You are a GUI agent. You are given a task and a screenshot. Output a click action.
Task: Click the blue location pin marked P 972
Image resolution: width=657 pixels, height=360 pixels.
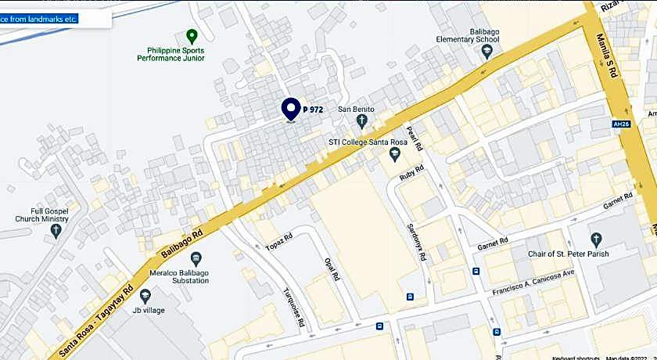point(291,109)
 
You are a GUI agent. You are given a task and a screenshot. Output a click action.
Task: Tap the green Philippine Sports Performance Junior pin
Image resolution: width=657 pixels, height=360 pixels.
point(191,36)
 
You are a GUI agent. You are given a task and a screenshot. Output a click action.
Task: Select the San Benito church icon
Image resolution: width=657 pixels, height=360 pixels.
point(361,121)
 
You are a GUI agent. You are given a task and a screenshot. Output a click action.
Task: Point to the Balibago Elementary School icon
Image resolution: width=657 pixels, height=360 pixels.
point(486,52)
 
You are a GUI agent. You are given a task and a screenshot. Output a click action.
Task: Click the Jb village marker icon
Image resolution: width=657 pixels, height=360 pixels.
point(145,295)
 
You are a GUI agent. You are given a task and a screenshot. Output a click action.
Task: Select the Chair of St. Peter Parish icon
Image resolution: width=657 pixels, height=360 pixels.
point(596,239)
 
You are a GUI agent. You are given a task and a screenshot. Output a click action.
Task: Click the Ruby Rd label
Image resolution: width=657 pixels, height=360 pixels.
point(411,171)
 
